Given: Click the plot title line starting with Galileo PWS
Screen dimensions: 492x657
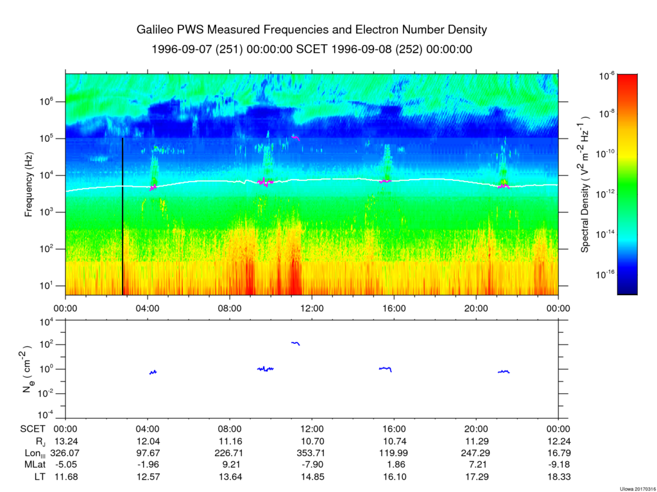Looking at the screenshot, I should point(312,30).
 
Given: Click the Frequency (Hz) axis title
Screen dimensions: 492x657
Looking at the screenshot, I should point(29,185).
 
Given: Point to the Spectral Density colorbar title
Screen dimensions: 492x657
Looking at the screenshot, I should point(585,185).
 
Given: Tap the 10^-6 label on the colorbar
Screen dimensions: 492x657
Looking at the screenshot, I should point(607,76).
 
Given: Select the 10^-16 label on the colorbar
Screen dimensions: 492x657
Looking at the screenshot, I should point(608,274).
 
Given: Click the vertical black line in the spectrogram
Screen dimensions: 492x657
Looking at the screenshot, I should point(123,218).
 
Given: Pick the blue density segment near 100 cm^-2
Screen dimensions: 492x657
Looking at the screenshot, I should point(296,343).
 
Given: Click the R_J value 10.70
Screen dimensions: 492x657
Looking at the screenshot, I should point(312,442).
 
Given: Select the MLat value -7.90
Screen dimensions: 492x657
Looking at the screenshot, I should point(312,465).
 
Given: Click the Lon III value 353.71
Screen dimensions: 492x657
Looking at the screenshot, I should point(312,454).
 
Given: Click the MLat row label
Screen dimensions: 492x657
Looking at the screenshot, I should point(32,465).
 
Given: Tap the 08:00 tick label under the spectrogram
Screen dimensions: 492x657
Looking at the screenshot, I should point(230,307).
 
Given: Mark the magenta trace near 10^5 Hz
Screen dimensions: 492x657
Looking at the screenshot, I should point(296,137).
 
